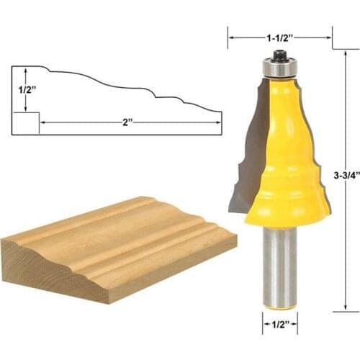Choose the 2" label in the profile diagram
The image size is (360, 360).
click(x=128, y=122)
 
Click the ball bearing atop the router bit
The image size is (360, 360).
click(x=279, y=68)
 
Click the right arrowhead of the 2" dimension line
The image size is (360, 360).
click(x=217, y=122)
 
